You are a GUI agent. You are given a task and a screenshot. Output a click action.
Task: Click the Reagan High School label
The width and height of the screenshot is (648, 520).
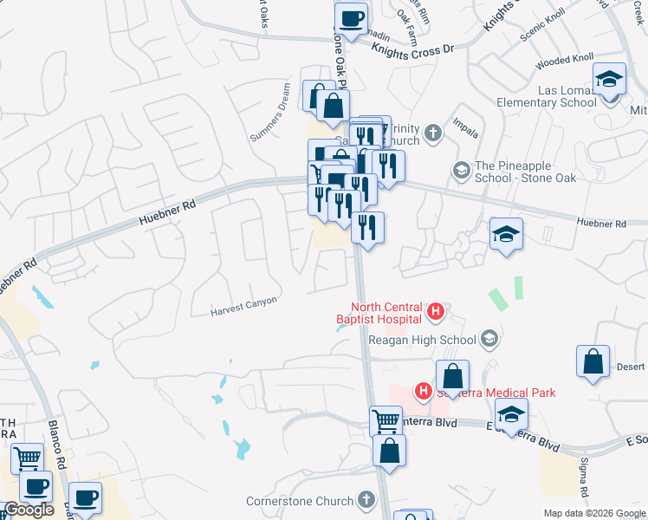tap(423, 340)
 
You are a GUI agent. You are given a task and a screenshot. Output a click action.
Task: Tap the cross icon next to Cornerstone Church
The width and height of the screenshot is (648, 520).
tap(366, 500)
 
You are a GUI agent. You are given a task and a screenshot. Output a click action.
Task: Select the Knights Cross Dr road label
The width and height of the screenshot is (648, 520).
tap(413, 49)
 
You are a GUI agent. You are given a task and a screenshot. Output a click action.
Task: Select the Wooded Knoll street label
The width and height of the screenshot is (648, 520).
tap(564, 61)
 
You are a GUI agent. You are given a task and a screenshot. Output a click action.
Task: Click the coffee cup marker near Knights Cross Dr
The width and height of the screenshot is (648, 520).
tap(351, 18)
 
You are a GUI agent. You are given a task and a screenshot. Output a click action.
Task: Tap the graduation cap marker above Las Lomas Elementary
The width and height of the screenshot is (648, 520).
tap(610, 80)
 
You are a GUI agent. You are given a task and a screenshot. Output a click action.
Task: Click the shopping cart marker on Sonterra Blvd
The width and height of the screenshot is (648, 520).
tap(386, 422)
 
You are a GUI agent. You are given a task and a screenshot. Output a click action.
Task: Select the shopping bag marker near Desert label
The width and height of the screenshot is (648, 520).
tap(593, 362)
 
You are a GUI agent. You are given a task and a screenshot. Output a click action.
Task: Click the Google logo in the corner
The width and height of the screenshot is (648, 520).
tap(29, 510)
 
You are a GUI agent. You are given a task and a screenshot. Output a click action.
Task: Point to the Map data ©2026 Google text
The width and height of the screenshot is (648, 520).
tap(595, 513)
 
